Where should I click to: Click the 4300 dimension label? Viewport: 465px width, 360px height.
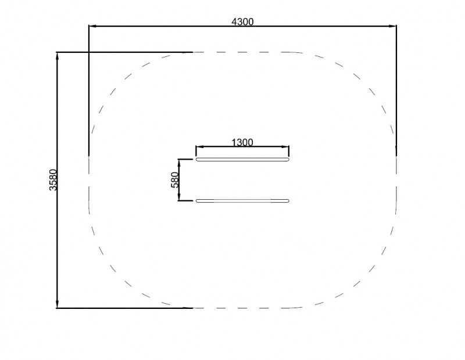coord(242,21)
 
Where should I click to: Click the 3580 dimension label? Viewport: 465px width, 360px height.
coord(53,180)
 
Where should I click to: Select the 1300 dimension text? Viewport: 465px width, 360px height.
coord(242,142)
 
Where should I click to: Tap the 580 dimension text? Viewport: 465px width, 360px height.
coord(175,180)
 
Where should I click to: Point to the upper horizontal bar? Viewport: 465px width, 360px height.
coord(242,160)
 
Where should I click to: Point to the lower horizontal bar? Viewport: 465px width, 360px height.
coord(242,200)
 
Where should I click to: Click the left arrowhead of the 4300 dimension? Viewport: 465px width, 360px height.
coord(92,26)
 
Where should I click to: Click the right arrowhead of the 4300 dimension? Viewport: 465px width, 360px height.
coord(393,26)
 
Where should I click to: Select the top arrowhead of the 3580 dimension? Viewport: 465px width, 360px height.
coord(57,56)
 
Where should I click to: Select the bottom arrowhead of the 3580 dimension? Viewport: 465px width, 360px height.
coord(57,304)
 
